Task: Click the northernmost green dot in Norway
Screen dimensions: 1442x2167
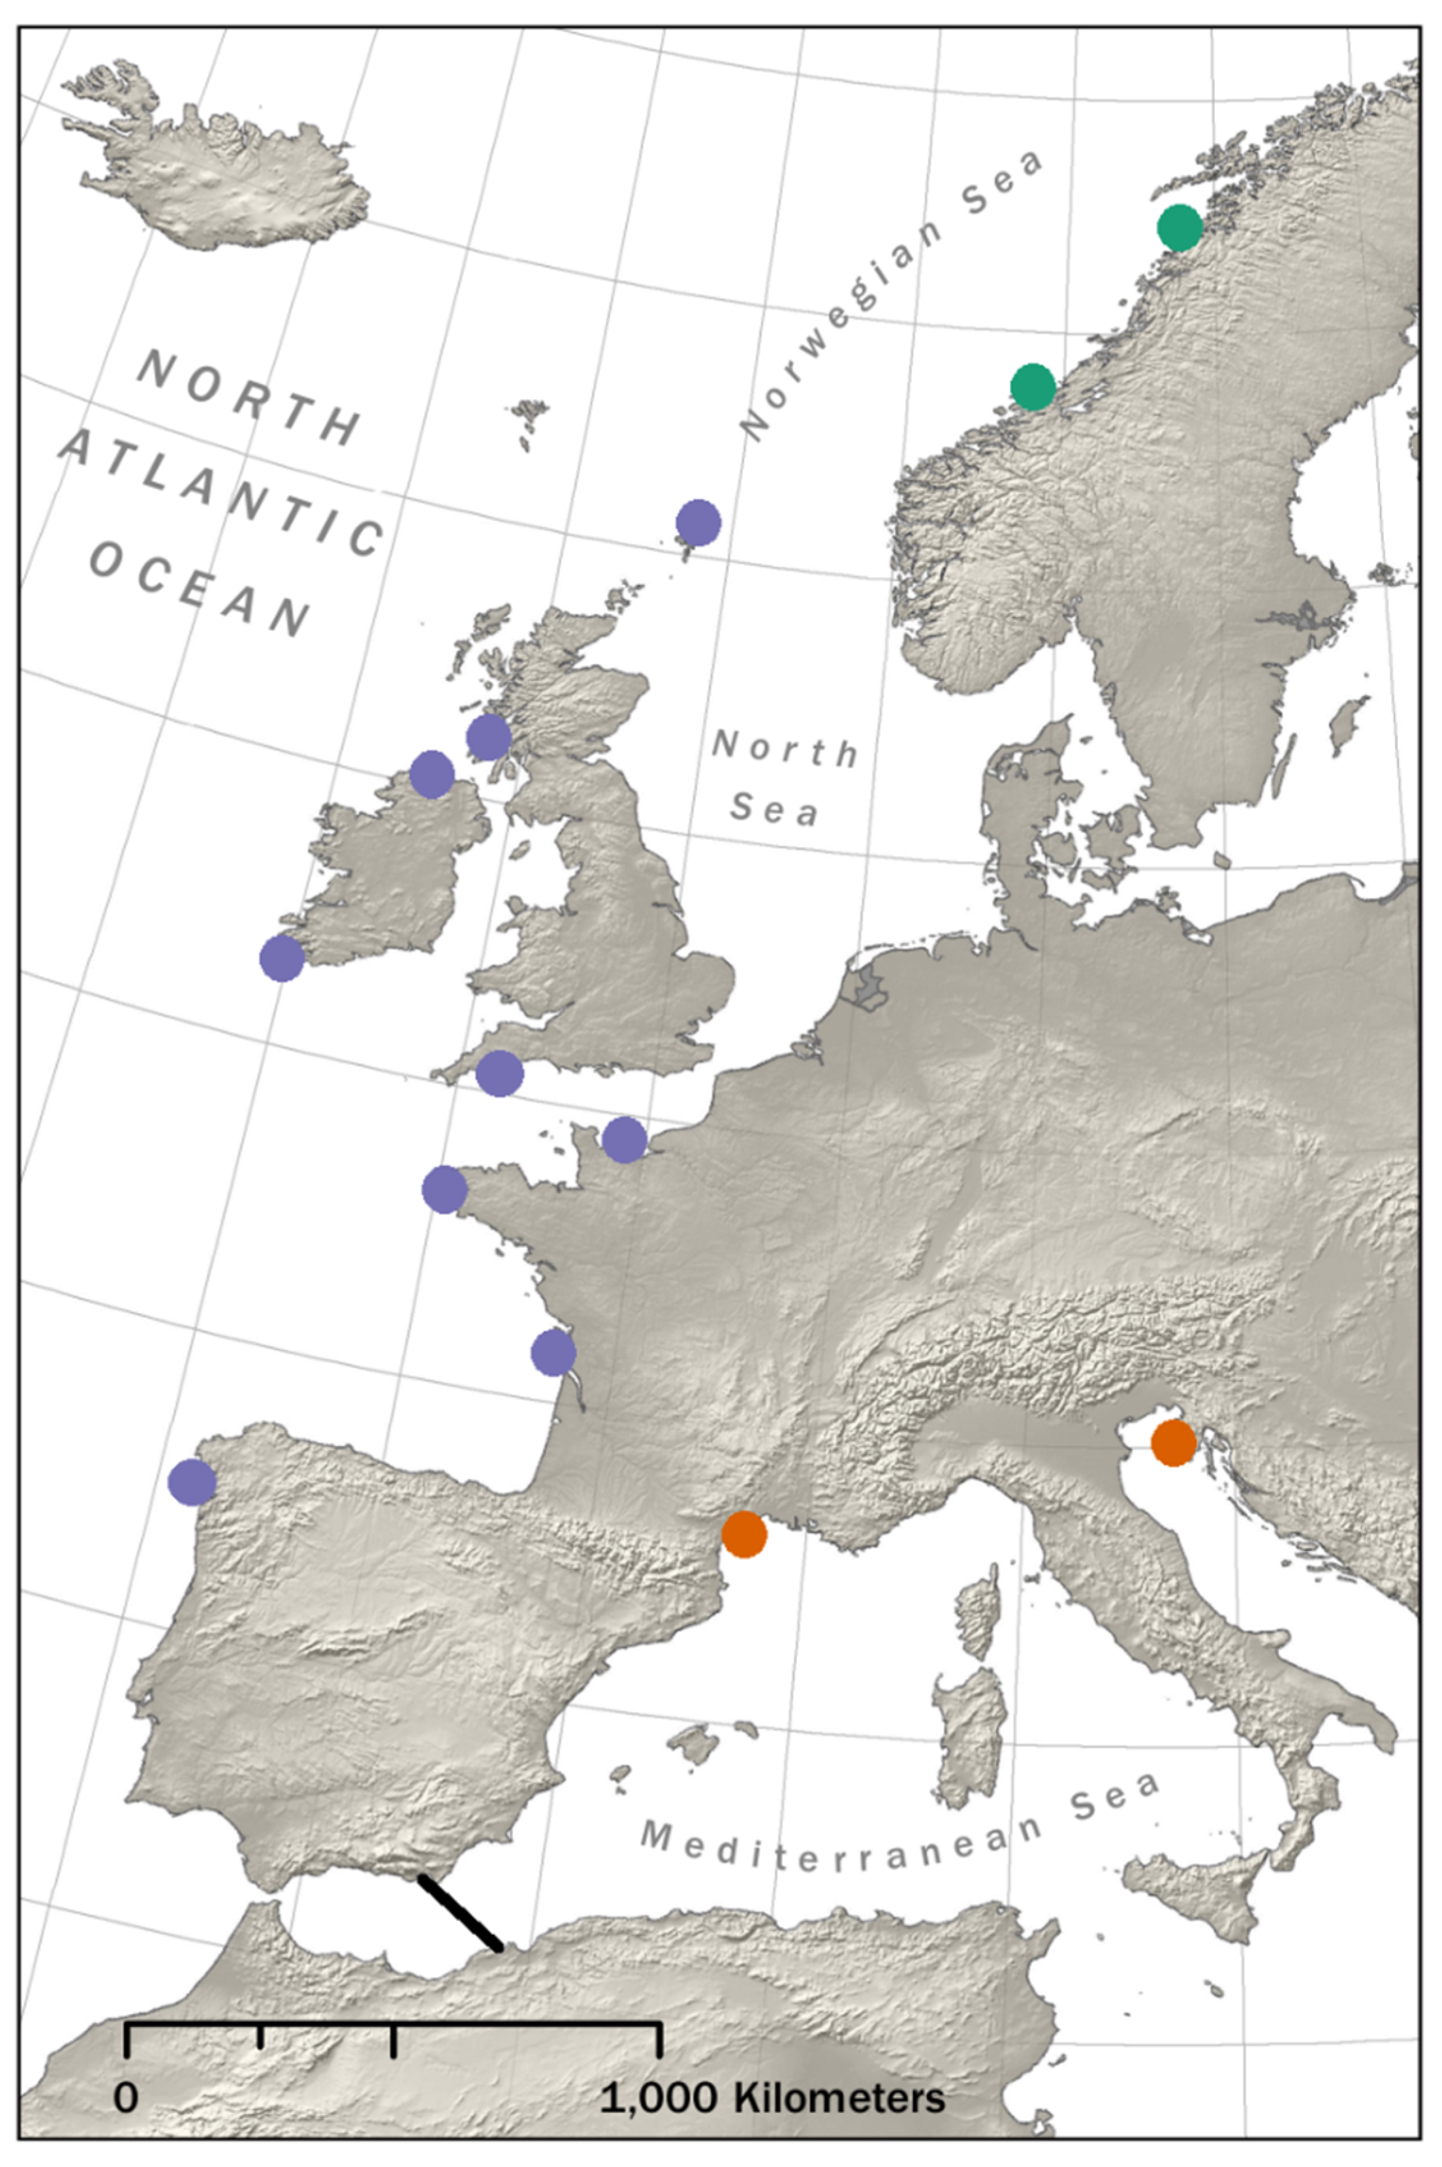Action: point(1180,228)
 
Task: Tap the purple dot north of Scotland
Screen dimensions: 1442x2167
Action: point(698,523)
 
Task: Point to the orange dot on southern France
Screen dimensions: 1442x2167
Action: point(744,1534)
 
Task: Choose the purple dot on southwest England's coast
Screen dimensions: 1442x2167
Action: point(499,1073)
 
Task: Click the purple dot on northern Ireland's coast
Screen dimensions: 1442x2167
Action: point(431,774)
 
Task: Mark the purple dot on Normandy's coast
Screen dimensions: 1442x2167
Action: point(624,1140)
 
